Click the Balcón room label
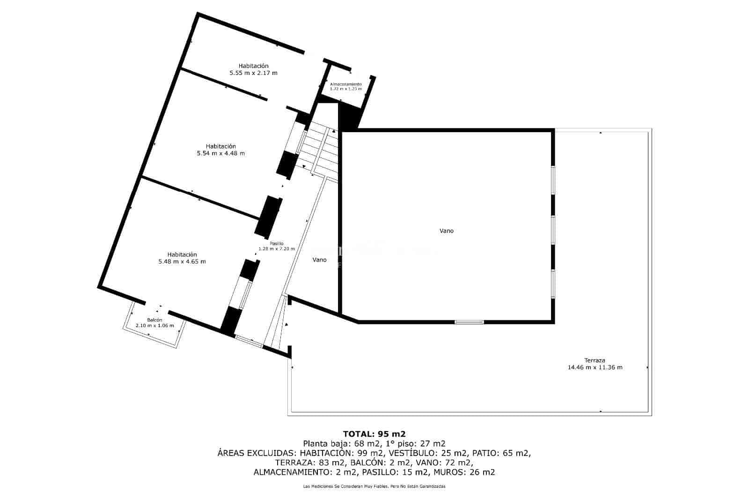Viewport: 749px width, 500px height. (154, 320)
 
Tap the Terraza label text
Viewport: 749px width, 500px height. (595, 360)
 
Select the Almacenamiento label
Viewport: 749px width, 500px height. (346, 84)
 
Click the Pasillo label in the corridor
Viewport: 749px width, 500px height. (277, 244)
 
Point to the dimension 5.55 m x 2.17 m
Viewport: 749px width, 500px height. (253, 73)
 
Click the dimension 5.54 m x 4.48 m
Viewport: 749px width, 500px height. (220, 153)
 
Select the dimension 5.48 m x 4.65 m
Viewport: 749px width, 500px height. (182, 261)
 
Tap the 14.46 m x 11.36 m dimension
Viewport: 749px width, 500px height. (595, 367)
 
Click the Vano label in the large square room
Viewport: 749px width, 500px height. (447, 231)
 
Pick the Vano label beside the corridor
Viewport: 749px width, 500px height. (319, 260)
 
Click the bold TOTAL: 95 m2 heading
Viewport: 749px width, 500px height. (374, 434)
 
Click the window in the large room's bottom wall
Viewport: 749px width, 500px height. (469, 322)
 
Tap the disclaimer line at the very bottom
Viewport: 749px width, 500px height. (374, 486)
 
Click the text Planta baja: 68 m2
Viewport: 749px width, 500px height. (342, 444)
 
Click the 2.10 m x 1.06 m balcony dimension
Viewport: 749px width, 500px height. (154, 325)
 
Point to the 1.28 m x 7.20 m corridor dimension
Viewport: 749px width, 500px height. (277, 249)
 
